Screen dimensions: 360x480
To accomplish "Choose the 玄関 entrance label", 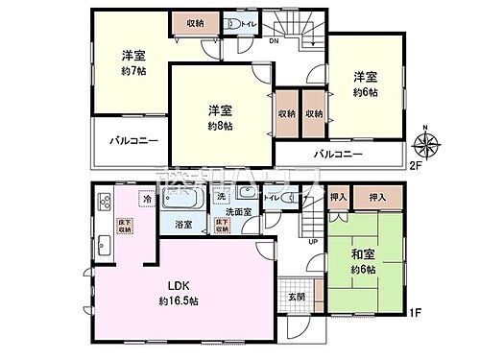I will [297, 295].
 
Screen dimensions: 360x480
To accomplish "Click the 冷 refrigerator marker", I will [147, 200].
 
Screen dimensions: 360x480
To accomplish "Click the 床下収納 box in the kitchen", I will [126, 227].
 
